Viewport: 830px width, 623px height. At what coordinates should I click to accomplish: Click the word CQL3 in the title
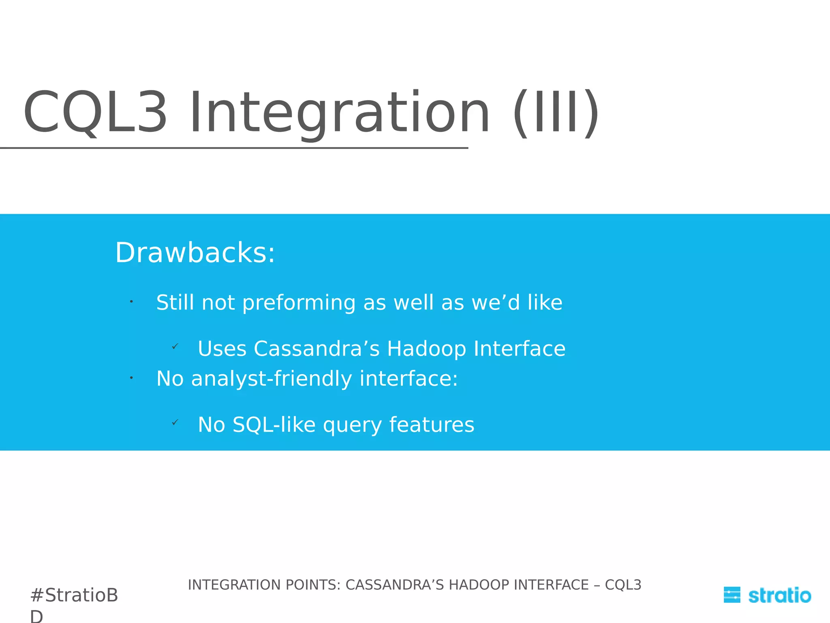(95, 112)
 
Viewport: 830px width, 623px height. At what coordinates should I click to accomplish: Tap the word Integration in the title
(340, 112)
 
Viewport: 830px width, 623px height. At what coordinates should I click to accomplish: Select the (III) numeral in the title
(556, 112)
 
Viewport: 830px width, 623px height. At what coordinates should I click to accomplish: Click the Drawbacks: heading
(195, 253)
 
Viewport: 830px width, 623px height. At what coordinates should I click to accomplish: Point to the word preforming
(299, 303)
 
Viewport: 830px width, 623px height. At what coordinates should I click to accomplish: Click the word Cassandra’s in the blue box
(317, 349)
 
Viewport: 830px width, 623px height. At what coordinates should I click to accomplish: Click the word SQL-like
(274, 425)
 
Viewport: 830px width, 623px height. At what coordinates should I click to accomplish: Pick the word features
(431, 425)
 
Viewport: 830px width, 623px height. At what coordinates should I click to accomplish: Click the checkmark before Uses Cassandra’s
(175, 346)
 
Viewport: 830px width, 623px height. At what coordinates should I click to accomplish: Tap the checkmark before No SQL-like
(175, 423)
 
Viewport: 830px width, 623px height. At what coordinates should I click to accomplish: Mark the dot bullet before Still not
(131, 301)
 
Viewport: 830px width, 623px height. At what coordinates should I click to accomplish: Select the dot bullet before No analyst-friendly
(131, 378)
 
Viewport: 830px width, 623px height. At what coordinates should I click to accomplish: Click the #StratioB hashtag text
(74, 595)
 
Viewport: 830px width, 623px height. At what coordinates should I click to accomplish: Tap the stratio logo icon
(732, 595)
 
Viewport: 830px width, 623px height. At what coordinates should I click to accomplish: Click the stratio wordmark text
(779, 595)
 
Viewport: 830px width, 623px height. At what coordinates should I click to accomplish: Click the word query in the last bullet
(352, 425)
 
